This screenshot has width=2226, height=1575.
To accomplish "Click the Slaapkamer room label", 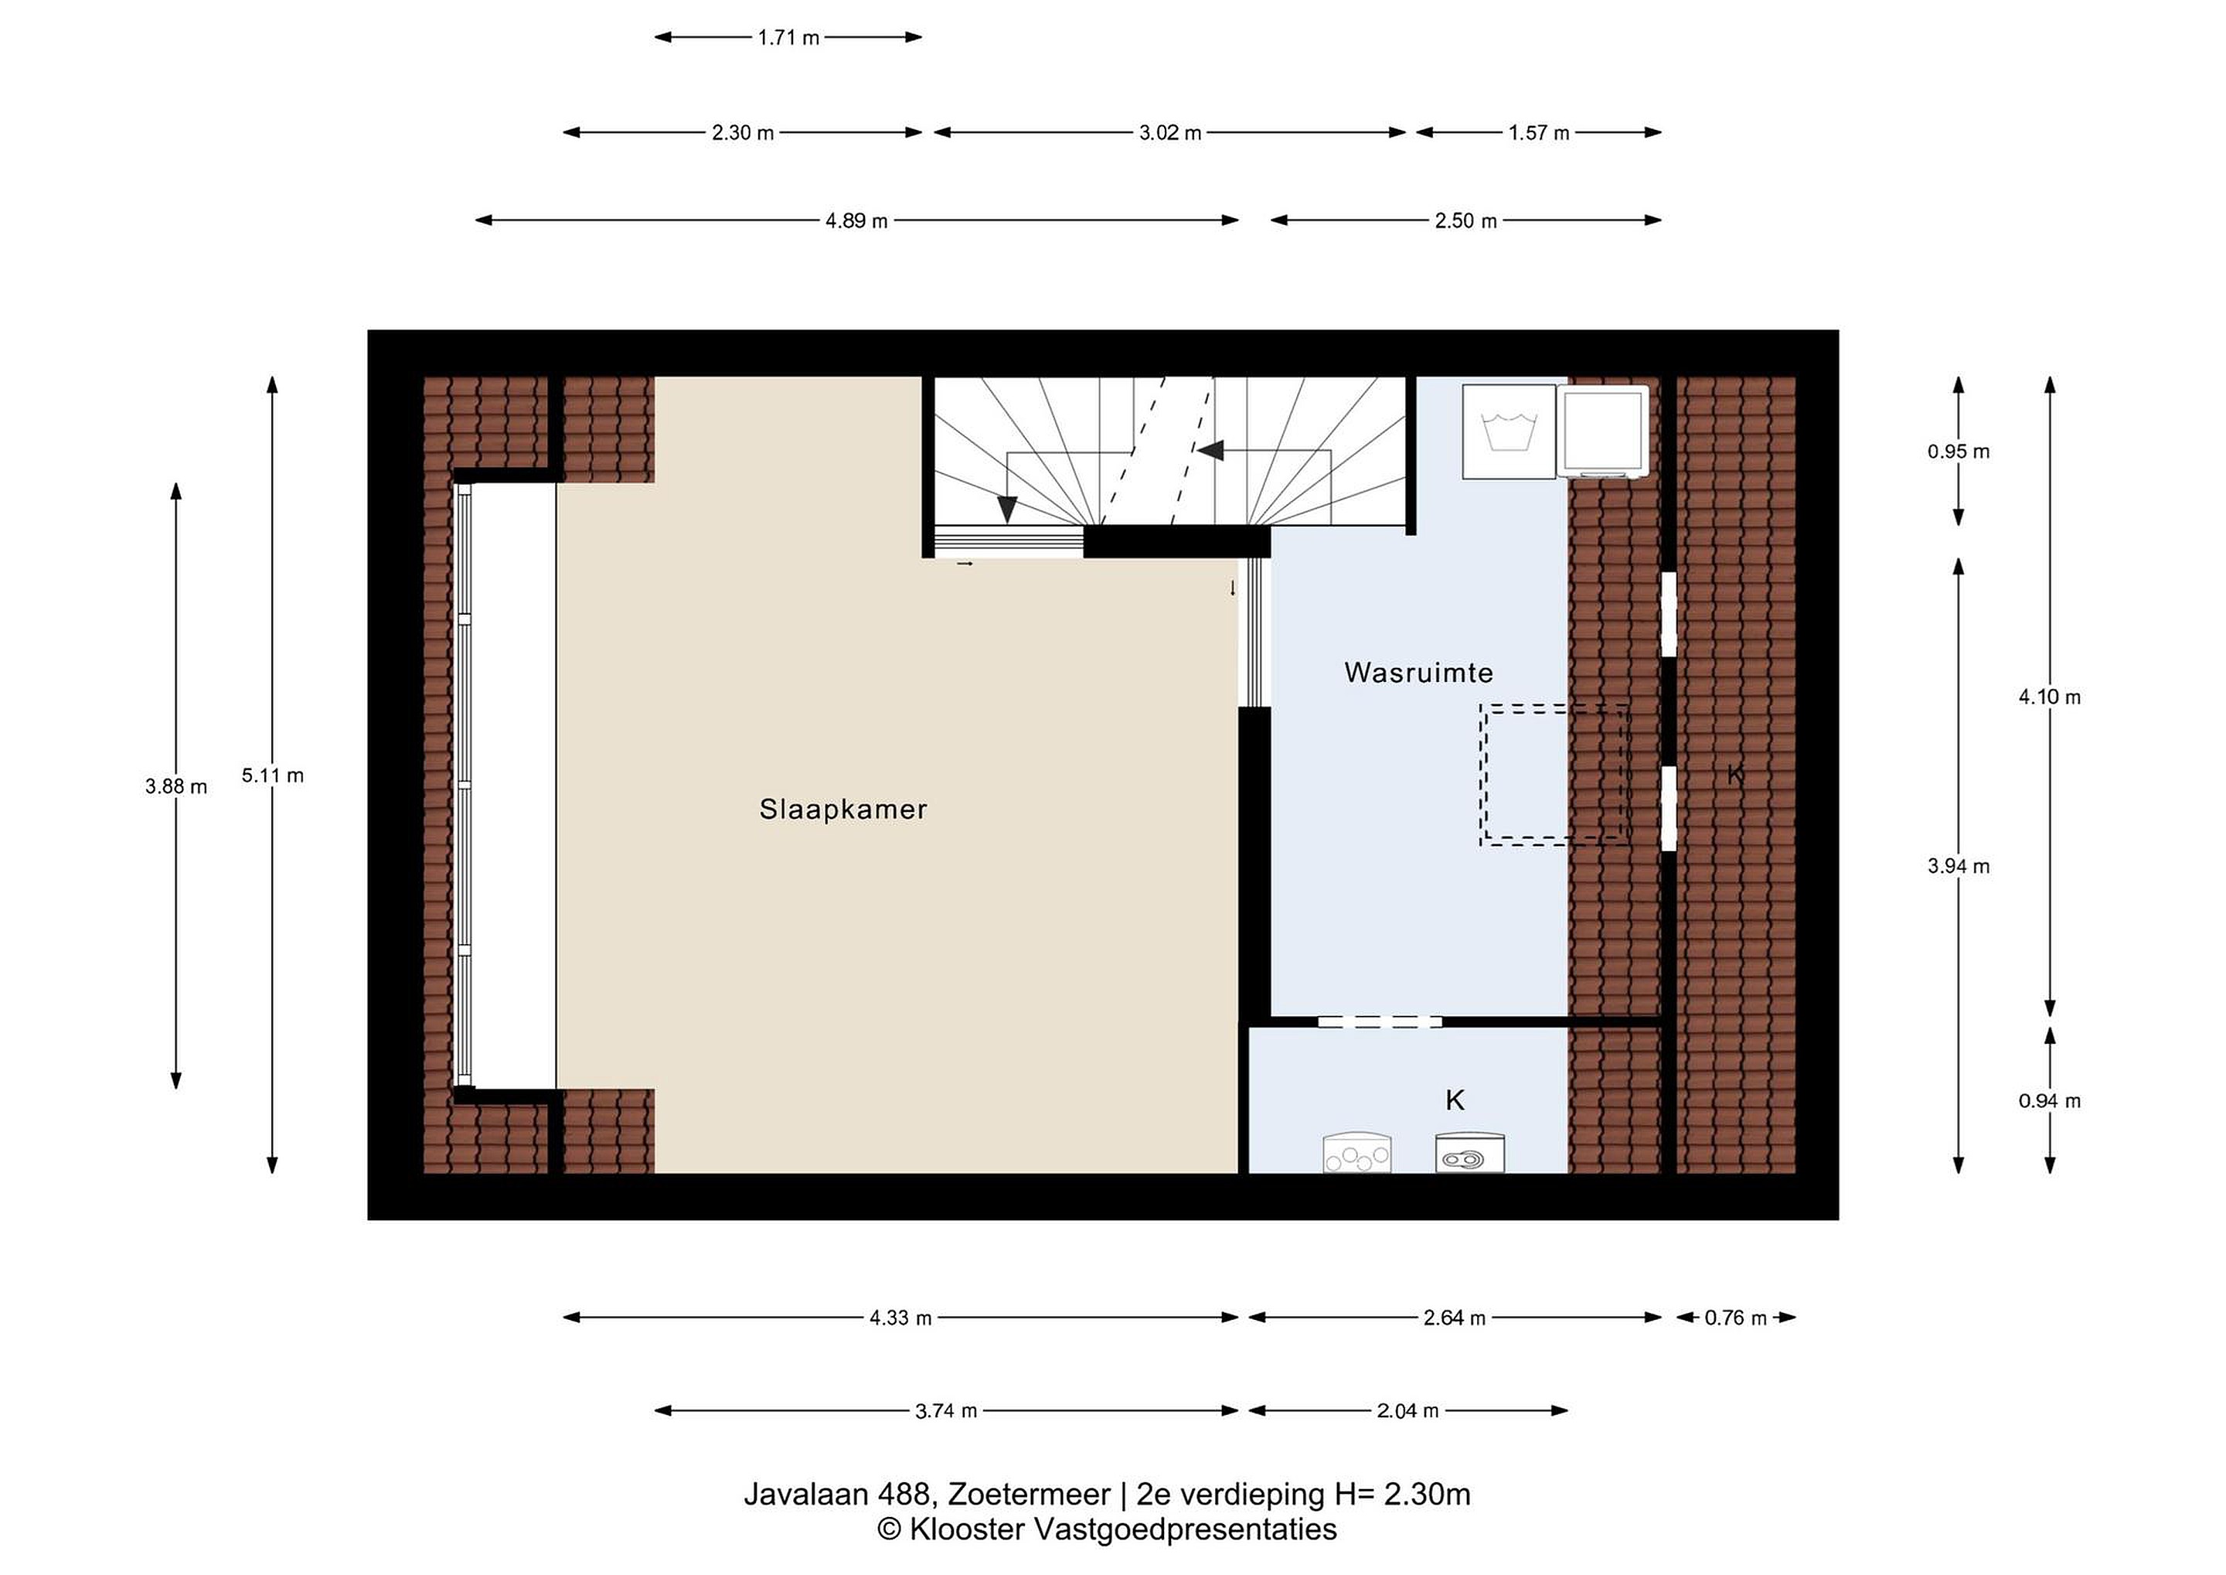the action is tap(842, 810).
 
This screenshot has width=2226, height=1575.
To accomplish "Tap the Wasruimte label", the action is tap(1418, 672).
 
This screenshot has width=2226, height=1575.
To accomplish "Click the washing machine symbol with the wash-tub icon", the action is tap(1509, 431).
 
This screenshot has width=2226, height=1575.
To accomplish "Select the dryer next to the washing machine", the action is tap(1602, 431).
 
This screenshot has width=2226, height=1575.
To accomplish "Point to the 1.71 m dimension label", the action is tap(788, 38).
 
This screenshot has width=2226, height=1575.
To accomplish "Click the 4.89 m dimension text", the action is tap(856, 221).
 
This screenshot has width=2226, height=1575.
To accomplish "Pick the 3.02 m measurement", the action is tap(1169, 133).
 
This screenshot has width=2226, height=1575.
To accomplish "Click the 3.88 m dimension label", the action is tap(175, 786).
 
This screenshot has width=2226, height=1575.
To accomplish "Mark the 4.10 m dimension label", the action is tap(2050, 697).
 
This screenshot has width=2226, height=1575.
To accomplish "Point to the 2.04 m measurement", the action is tap(1407, 1411).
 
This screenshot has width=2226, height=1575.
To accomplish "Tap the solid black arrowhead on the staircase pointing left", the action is tap(1211, 451).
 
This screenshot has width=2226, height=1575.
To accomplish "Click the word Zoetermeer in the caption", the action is tap(1030, 1495).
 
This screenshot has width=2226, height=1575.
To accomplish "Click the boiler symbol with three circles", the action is tap(1357, 1151).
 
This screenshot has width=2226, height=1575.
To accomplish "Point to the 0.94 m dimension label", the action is tap(2050, 1102).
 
